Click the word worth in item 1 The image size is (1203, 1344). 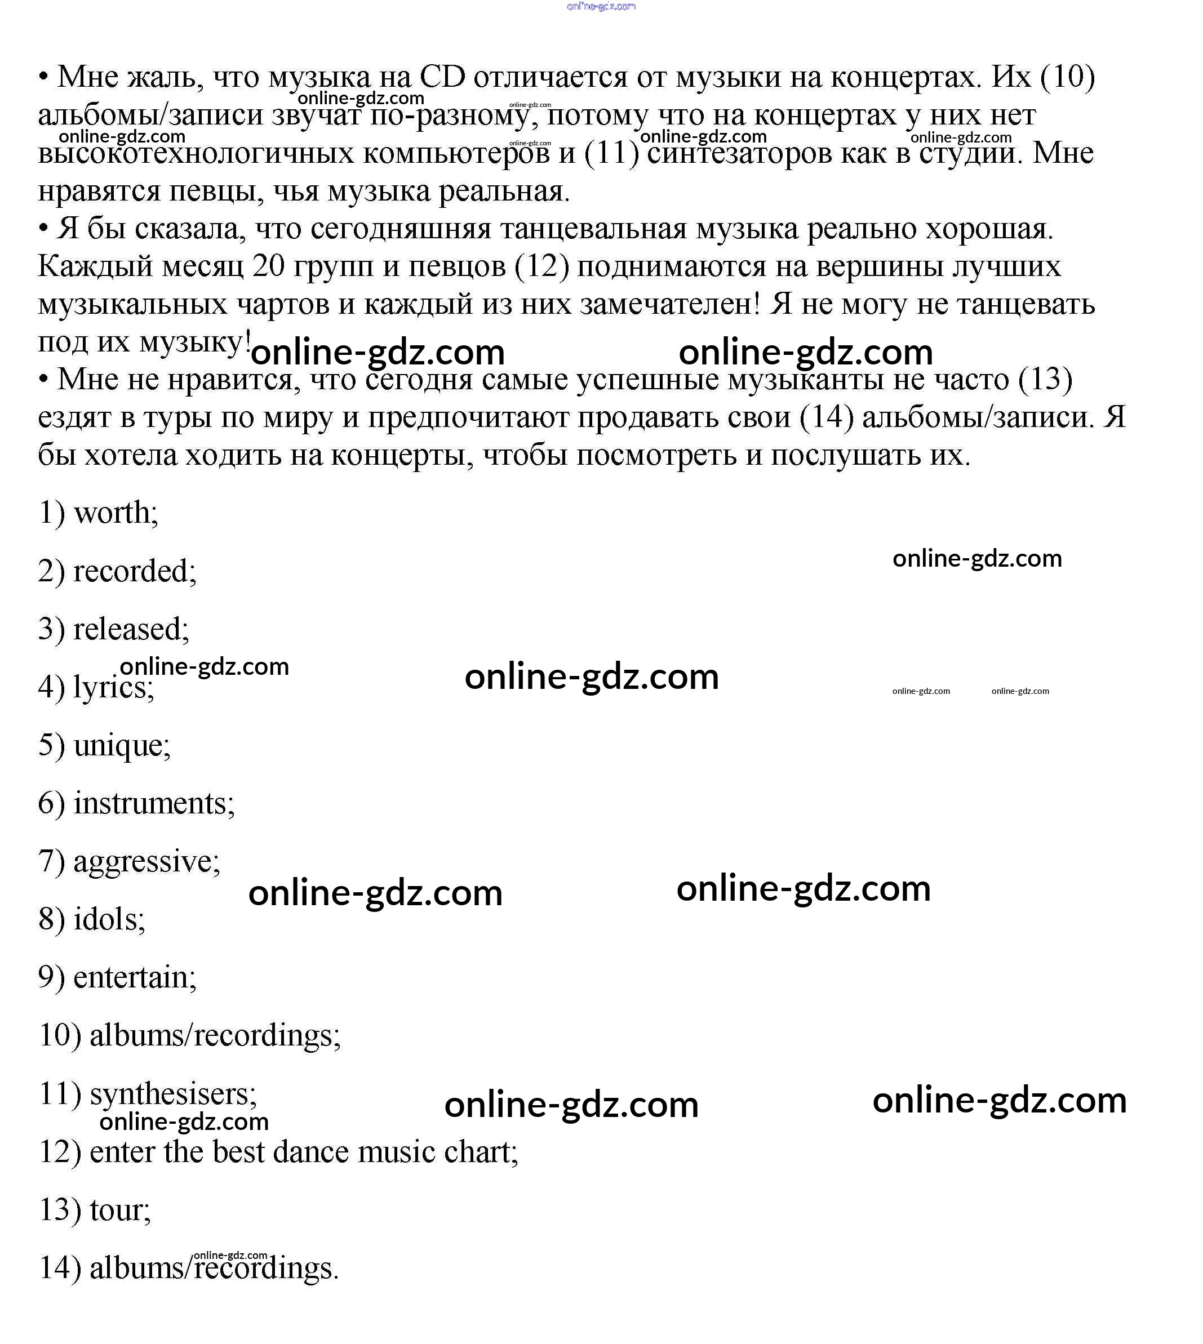[x=115, y=513]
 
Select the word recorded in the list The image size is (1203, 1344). [x=134, y=572]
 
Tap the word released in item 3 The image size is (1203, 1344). [x=130, y=630]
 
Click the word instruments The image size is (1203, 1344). [x=153, y=804]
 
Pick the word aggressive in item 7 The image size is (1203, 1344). [x=146, y=862]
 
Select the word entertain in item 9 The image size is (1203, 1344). [x=134, y=978]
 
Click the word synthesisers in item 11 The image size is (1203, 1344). [x=172, y=1094]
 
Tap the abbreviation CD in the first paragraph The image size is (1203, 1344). [x=443, y=77]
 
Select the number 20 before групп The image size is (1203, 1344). [x=268, y=266]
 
